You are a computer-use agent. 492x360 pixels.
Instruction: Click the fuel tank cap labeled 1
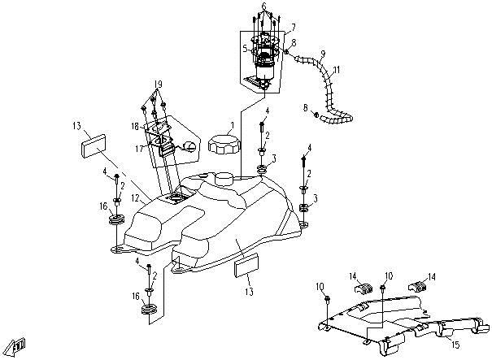[224, 145]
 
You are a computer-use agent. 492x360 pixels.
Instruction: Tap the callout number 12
[135, 198]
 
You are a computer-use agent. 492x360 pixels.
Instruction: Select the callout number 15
[455, 345]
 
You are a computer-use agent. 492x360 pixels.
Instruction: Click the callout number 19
[158, 84]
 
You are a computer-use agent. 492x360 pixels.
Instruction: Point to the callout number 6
[263, 6]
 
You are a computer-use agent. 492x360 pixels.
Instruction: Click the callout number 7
[293, 28]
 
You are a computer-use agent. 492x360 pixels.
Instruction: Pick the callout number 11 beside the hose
[337, 70]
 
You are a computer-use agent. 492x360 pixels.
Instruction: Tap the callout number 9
[323, 53]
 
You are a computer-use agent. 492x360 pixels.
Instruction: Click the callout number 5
[246, 49]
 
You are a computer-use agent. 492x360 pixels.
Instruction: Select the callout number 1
[233, 126]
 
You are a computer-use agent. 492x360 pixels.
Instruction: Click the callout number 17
[139, 148]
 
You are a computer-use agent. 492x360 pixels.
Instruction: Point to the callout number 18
[135, 127]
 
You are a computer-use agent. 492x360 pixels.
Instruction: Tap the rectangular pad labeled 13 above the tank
[94, 145]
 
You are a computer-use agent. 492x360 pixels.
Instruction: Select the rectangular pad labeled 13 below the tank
[246, 265]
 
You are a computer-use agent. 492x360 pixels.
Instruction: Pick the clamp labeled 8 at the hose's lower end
[316, 115]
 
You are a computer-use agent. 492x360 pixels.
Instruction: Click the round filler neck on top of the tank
[224, 179]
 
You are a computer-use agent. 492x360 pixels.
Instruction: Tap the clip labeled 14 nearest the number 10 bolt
[363, 288]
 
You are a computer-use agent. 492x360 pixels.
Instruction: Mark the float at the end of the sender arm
[189, 145]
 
